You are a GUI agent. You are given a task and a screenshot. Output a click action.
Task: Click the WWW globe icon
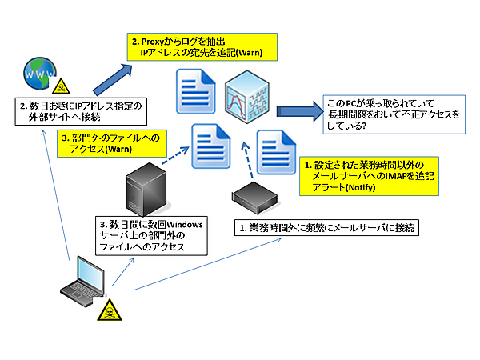tap(38, 74)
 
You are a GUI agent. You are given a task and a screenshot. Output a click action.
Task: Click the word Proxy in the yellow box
tap(155, 40)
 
